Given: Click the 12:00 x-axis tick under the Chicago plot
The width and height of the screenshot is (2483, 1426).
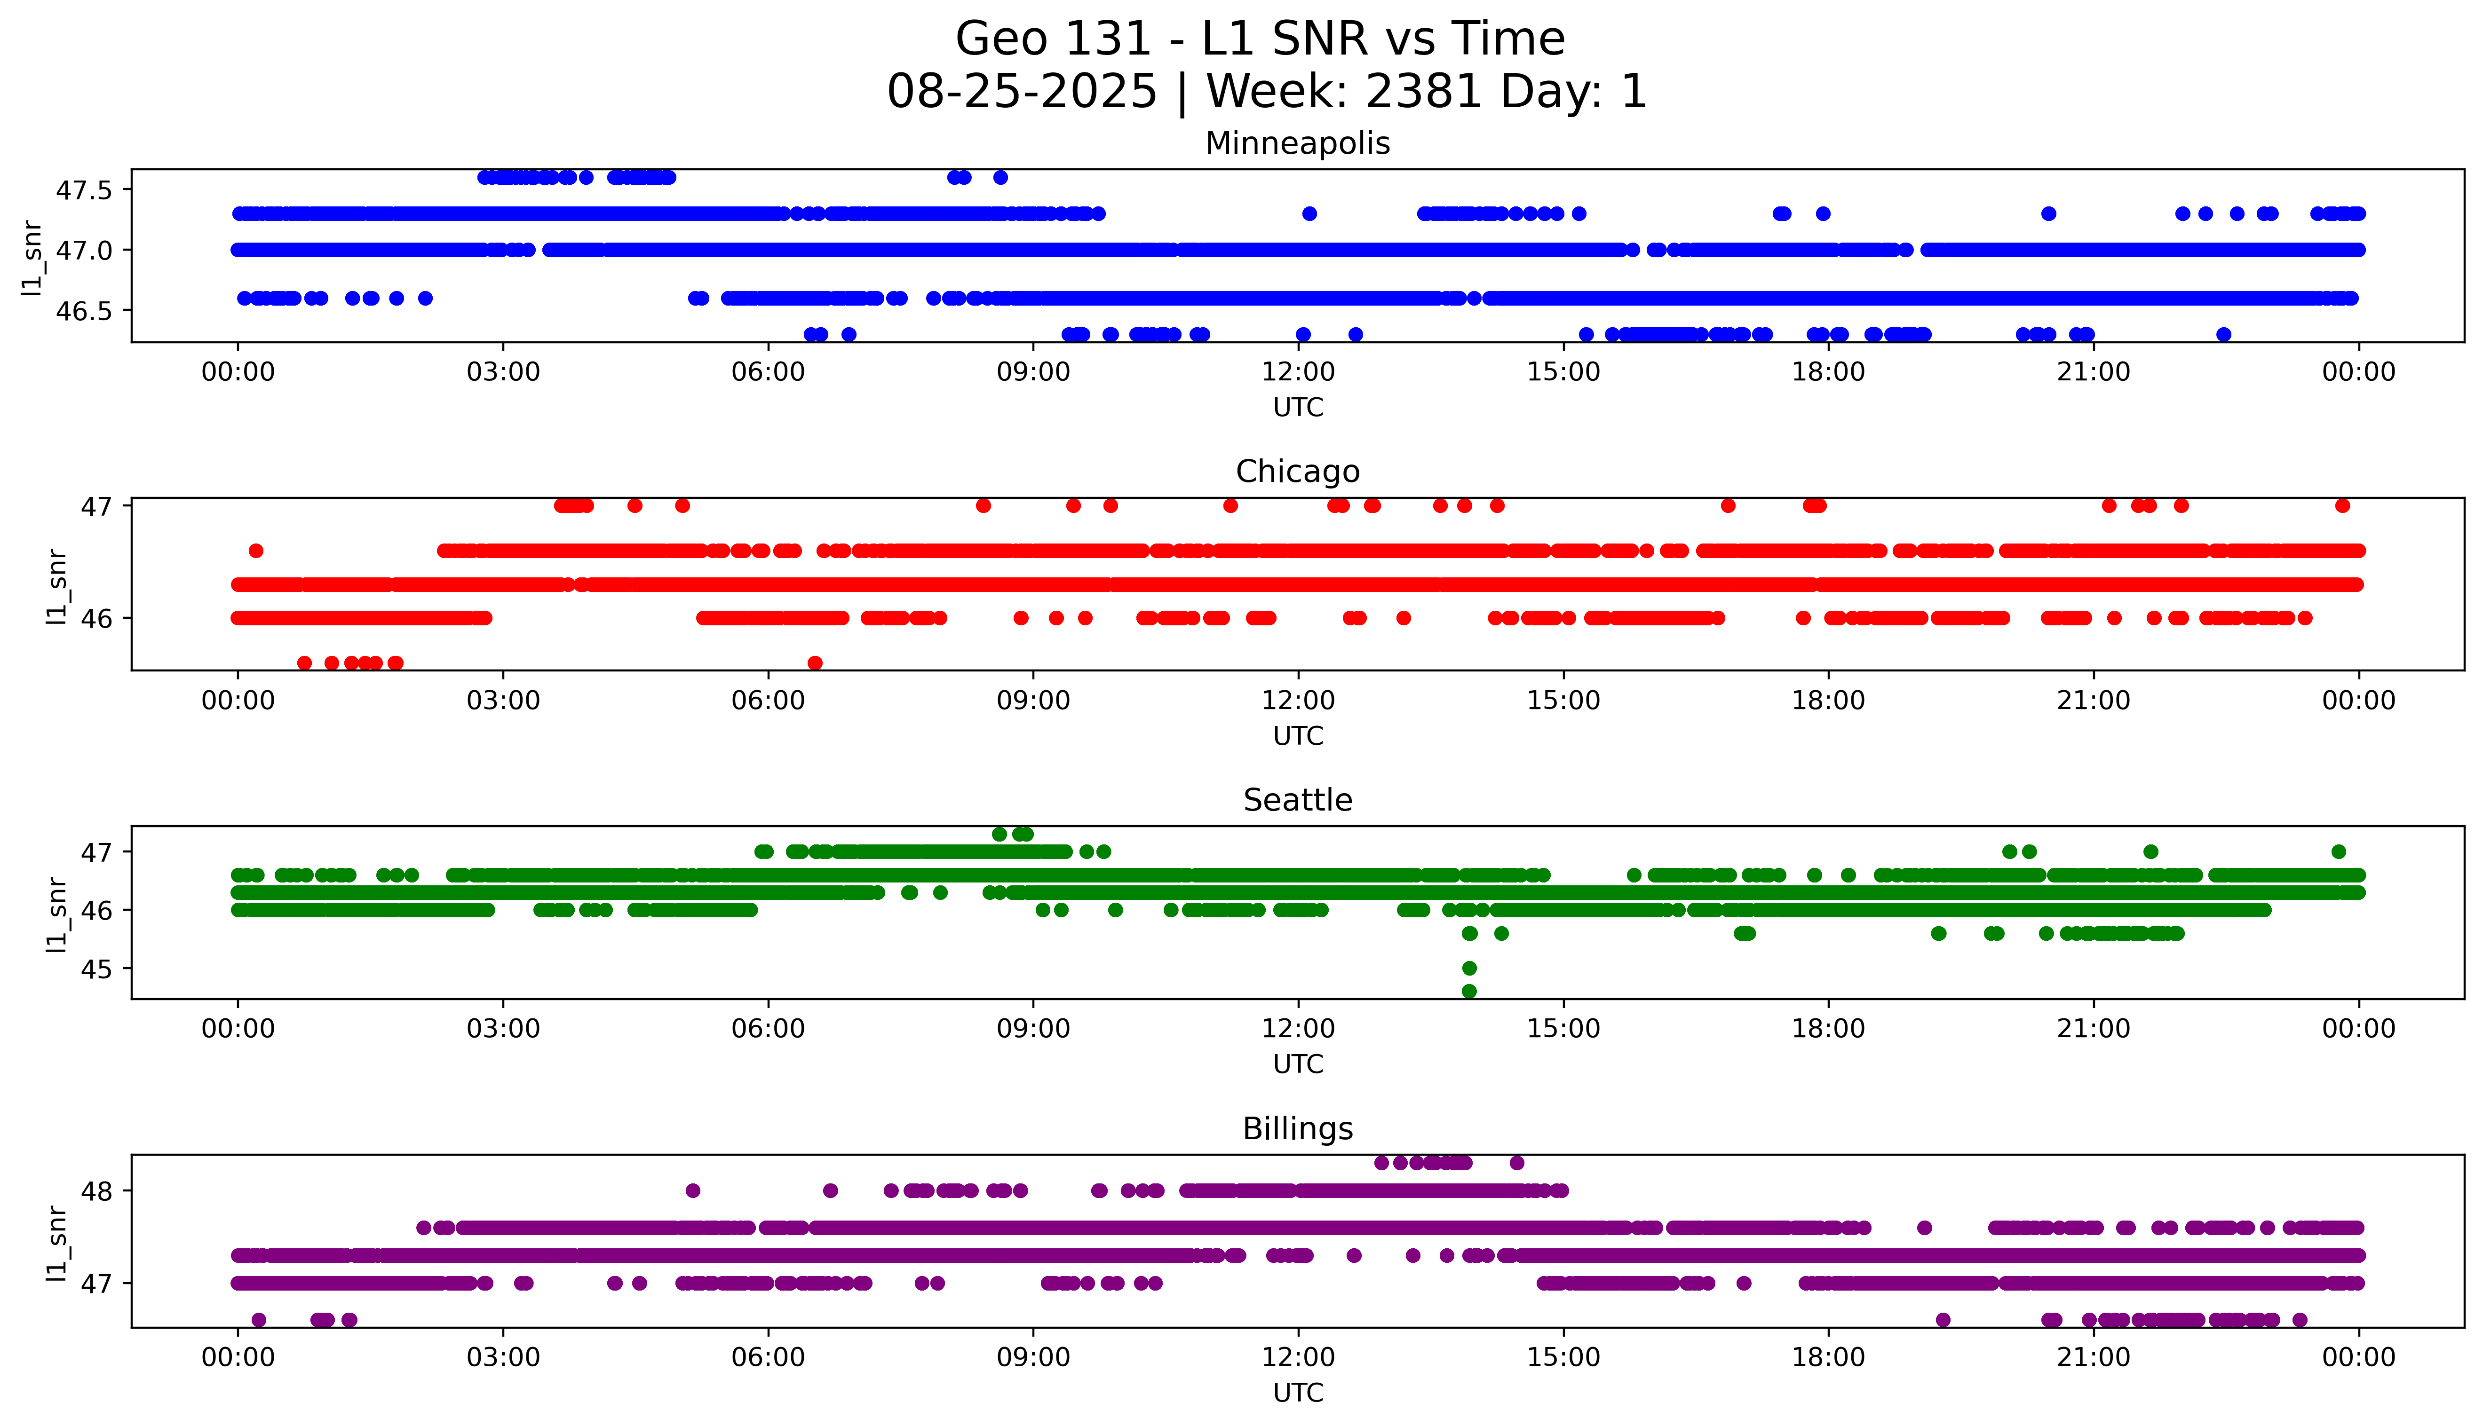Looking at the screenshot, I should point(1298,700).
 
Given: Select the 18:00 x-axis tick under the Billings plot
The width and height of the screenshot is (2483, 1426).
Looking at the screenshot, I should point(1828,1357).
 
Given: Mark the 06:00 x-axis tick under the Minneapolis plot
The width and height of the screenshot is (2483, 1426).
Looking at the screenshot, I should point(768,372).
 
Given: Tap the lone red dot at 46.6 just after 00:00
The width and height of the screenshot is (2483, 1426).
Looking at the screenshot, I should point(256,551).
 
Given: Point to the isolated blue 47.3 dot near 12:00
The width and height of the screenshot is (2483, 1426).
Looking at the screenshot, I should point(1309,213).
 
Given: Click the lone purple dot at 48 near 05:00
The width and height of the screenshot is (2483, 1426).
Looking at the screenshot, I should point(692,1191).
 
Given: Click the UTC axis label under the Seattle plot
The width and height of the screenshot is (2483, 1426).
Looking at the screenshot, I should point(1298,1064).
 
